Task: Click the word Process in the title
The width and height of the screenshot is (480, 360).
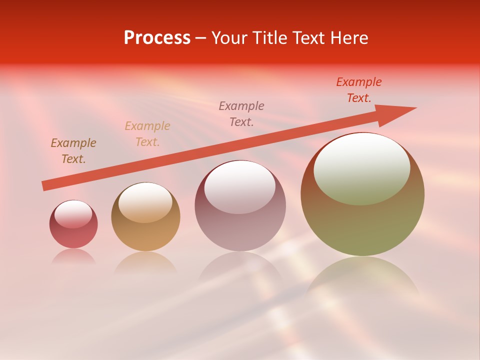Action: [157, 38]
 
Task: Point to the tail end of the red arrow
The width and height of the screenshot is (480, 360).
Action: [46, 185]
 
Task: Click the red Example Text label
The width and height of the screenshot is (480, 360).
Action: [358, 90]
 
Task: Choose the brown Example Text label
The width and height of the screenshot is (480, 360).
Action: [73, 151]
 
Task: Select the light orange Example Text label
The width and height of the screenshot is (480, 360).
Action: [147, 134]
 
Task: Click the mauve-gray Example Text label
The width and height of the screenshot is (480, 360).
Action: [241, 114]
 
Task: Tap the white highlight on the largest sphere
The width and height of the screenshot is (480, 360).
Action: [361, 169]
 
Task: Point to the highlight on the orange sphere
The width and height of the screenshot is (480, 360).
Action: [145, 202]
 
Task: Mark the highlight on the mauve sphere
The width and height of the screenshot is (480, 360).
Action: [239, 187]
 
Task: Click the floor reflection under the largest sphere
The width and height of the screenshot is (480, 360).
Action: [362, 275]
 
